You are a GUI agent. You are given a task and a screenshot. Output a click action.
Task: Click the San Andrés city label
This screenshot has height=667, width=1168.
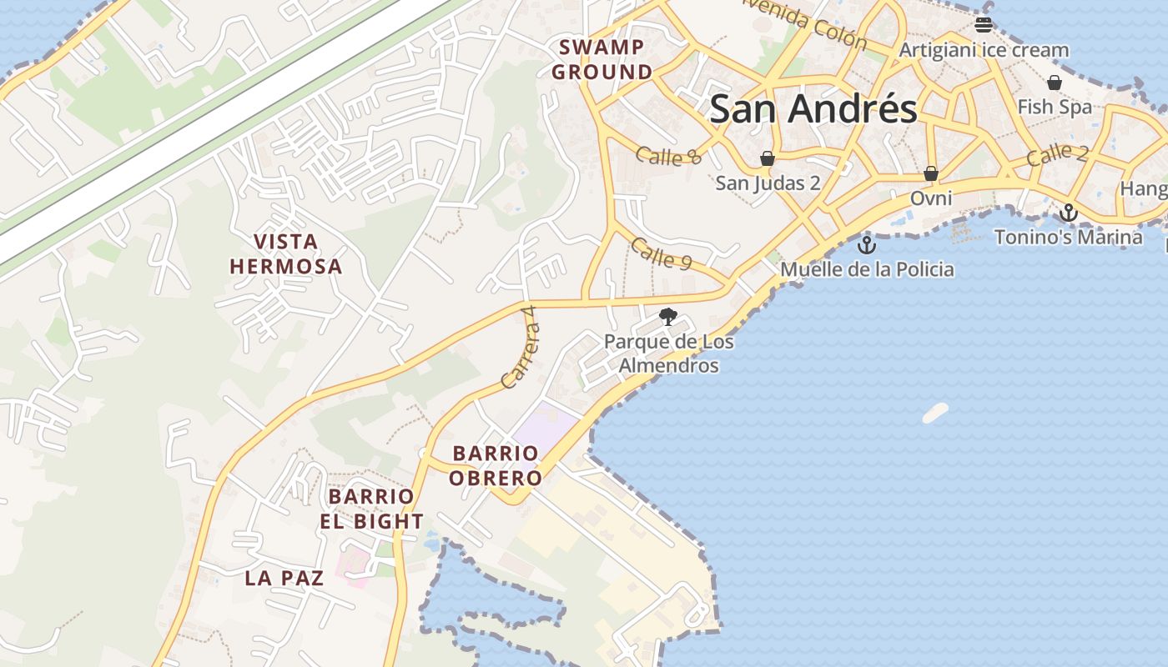click(813, 109)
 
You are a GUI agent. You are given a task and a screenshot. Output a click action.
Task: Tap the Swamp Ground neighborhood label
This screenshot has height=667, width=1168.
click(602, 59)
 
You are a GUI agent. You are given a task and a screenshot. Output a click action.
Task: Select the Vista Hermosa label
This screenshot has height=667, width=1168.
click(286, 254)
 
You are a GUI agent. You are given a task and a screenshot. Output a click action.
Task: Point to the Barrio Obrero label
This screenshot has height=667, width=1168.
click(496, 465)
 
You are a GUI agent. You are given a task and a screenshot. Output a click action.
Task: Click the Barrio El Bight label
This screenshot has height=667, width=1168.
click(371, 509)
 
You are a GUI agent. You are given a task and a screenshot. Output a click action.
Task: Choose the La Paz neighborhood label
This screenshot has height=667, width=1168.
click(284, 578)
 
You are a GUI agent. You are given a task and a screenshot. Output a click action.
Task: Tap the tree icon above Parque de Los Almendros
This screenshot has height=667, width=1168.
click(667, 317)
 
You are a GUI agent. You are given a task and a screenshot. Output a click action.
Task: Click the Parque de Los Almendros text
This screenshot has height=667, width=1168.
click(668, 354)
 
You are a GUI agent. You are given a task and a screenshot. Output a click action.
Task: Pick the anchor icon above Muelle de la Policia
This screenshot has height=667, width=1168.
click(867, 245)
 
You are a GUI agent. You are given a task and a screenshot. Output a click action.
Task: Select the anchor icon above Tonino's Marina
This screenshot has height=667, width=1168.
click(1069, 213)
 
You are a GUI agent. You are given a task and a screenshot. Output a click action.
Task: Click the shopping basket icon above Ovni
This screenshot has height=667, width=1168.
click(931, 173)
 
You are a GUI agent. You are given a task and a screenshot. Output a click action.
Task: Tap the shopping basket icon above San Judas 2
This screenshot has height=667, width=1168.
click(768, 158)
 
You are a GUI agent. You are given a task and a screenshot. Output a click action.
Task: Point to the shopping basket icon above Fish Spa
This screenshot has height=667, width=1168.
click(1055, 83)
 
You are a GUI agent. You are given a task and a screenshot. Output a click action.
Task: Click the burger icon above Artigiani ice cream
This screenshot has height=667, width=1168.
click(984, 24)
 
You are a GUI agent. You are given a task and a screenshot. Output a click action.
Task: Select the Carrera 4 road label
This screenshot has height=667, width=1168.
click(519, 358)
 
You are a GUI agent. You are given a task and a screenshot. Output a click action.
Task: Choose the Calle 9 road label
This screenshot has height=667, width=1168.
click(662, 253)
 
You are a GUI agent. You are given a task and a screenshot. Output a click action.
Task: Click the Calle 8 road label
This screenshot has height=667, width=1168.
click(668, 155)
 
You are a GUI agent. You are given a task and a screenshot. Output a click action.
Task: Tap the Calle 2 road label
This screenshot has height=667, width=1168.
click(1058, 155)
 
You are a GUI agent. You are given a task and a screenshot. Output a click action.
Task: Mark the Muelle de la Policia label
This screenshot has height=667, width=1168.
click(867, 269)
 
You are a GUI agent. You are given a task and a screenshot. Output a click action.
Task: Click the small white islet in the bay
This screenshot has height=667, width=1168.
click(935, 413)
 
